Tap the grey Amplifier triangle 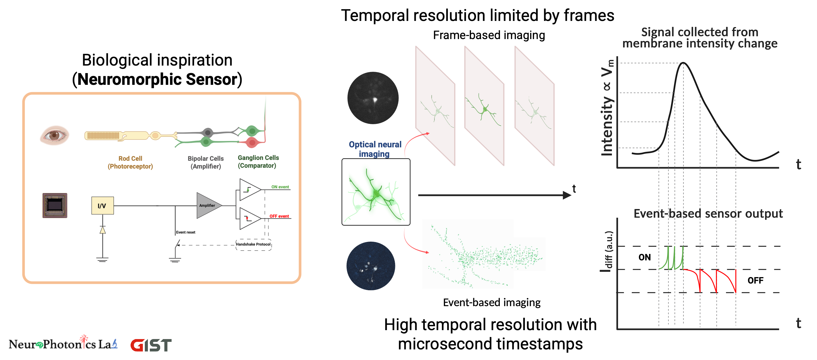[x=207, y=205]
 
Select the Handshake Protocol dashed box [x=253, y=244]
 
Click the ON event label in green [x=280, y=187]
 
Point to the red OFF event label [x=279, y=216]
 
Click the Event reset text [x=186, y=232]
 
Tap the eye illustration [x=55, y=135]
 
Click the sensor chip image [x=55, y=205]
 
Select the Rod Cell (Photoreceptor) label [x=130, y=162]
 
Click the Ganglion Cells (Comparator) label [x=258, y=162]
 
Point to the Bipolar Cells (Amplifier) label [x=206, y=162]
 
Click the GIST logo [x=151, y=345]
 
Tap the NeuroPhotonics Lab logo [x=63, y=344]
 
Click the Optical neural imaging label [x=375, y=149]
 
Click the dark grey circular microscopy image [x=373, y=98]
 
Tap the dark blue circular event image [x=371, y=266]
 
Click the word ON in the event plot [x=645, y=257]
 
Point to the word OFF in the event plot [x=755, y=280]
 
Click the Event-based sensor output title [x=708, y=213]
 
